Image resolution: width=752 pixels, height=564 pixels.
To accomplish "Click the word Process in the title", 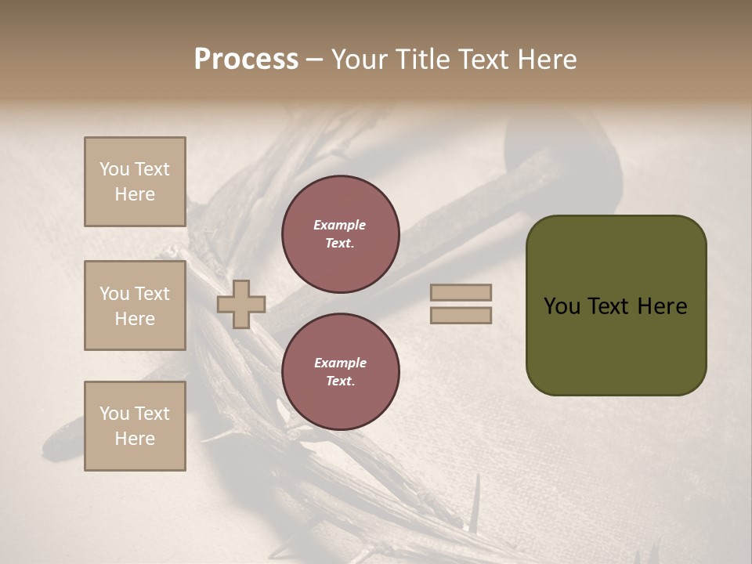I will (x=246, y=60).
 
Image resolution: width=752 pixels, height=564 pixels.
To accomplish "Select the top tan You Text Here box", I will (x=135, y=182).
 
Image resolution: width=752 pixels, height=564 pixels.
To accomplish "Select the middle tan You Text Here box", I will (x=135, y=305).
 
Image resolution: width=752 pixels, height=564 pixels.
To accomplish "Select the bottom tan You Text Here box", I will (x=135, y=425).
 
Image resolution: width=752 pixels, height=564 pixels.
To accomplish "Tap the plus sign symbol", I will (x=241, y=304).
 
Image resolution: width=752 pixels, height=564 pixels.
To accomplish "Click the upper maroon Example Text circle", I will (x=341, y=233).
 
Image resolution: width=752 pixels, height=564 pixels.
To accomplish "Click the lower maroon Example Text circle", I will (x=341, y=371).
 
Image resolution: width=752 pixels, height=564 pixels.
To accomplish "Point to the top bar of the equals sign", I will (x=461, y=293).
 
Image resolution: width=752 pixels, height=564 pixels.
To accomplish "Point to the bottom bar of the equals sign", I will (x=461, y=316).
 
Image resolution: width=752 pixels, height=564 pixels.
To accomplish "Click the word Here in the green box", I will (x=662, y=306).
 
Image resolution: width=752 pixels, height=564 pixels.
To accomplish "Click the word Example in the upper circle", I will (x=340, y=225).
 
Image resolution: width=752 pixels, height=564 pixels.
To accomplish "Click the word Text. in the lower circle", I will (x=340, y=381).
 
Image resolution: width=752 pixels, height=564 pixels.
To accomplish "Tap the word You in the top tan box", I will (x=114, y=169).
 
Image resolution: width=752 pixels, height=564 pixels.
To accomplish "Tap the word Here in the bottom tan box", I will (x=135, y=439).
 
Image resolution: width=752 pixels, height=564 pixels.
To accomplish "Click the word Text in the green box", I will (x=609, y=306).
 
